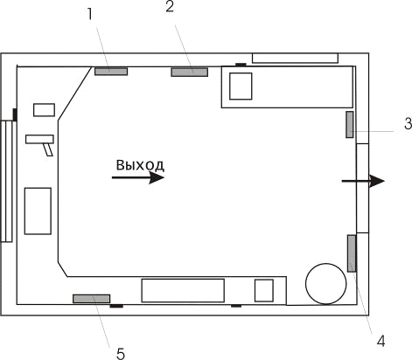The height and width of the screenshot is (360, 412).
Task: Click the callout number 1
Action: point(90,14)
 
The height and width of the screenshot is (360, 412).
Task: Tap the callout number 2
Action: point(170,7)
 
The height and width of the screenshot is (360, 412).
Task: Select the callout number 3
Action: point(408,124)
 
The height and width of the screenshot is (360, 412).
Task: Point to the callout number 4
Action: point(381,341)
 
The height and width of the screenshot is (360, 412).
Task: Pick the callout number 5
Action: point(121,354)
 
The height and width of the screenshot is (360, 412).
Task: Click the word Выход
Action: point(140,165)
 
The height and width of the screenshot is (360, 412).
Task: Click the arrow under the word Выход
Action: point(138,177)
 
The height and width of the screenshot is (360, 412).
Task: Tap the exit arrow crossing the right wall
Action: point(363,181)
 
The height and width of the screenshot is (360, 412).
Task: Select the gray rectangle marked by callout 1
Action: point(111,72)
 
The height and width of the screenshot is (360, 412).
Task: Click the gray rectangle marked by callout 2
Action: point(190,72)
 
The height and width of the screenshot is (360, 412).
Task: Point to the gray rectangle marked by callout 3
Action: point(350,124)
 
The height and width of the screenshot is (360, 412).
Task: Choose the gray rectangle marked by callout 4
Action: point(352,253)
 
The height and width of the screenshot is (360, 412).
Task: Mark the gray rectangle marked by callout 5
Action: point(91,299)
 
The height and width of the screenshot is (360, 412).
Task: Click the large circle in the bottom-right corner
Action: point(326,283)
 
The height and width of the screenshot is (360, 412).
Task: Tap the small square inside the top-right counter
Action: point(241,87)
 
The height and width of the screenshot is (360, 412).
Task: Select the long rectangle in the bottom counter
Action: point(183,290)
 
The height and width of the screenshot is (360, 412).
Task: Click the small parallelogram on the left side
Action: point(48,149)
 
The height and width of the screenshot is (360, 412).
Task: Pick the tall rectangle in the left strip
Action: point(38,211)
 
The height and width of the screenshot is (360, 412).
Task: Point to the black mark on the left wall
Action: point(15,114)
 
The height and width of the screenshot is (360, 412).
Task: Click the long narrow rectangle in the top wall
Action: point(295,58)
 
